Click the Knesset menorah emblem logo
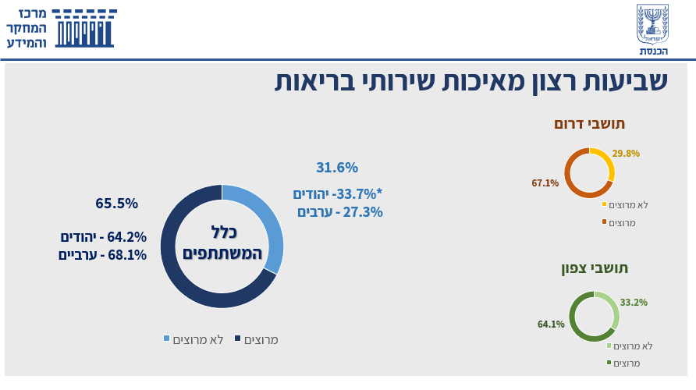pyautogui.click(x=652, y=23)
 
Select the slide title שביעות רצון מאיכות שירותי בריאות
pyautogui.click(x=471, y=82)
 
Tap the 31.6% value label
pyautogui.click(x=337, y=168)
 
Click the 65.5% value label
pyautogui.click(x=117, y=204)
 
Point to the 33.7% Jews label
pyautogui.click(x=338, y=194)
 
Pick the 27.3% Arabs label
pyautogui.click(x=339, y=211)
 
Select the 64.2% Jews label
pyautogui.click(x=103, y=237)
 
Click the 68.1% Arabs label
pyautogui.click(x=102, y=254)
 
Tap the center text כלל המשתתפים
pyautogui.click(x=222, y=242)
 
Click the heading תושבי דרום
pyautogui.click(x=590, y=124)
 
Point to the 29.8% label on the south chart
pyautogui.click(x=626, y=154)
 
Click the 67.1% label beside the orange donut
pyautogui.click(x=545, y=183)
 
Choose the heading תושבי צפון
pyautogui.click(x=595, y=268)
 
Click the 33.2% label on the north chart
pyautogui.click(x=634, y=303)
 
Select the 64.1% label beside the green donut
pyautogui.click(x=551, y=324)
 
